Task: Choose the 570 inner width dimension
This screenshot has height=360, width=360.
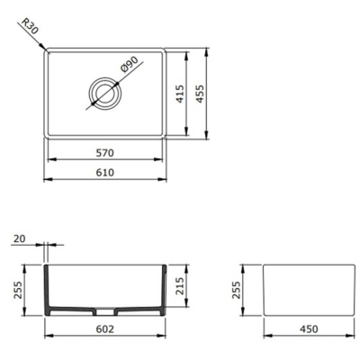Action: click(x=105, y=152)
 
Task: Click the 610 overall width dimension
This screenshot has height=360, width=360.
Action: click(x=105, y=175)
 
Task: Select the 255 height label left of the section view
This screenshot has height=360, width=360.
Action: click(x=16, y=290)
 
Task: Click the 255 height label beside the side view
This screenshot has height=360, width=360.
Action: click(x=238, y=290)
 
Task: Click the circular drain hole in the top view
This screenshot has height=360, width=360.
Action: click(x=105, y=91)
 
